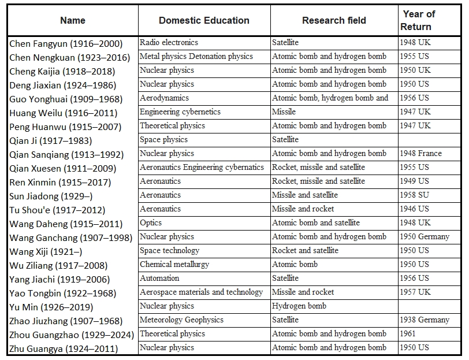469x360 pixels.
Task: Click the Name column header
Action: click(x=73, y=20)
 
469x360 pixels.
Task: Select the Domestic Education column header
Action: click(x=204, y=20)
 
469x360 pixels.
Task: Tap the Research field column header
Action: click(x=334, y=20)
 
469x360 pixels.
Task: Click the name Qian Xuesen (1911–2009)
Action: click(x=63, y=169)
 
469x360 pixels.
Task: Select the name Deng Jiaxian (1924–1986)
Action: click(x=63, y=86)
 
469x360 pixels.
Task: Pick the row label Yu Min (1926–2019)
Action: click(x=51, y=307)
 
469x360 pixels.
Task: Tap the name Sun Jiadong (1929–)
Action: click(x=51, y=196)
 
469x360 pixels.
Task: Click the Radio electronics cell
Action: click(x=169, y=43)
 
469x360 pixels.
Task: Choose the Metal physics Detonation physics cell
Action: click(x=196, y=56)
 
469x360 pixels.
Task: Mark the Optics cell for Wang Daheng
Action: click(x=151, y=223)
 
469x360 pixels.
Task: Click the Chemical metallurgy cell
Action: click(x=174, y=265)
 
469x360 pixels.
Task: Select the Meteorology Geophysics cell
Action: click(x=181, y=320)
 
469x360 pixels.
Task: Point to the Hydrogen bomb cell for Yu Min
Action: click(x=299, y=306)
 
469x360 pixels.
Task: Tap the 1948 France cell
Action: click(x=421, y=154)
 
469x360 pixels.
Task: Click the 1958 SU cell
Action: click(x=414, y=195)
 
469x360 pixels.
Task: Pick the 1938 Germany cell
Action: click(x=425, y=320)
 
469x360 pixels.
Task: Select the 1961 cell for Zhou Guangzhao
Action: click(x=408, y=333)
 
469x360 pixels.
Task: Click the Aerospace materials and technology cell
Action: click(x=202, y=292)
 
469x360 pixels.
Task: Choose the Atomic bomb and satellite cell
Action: click(x=316, y=223)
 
